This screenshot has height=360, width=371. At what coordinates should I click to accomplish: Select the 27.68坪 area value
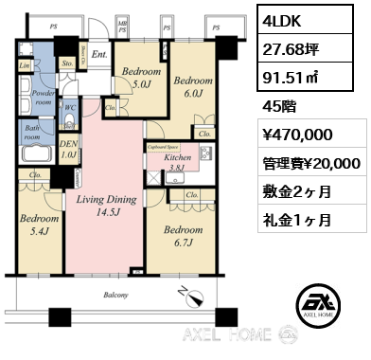click(x=288, y=46)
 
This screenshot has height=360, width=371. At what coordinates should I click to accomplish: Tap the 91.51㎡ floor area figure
click(x=288, y=75)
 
